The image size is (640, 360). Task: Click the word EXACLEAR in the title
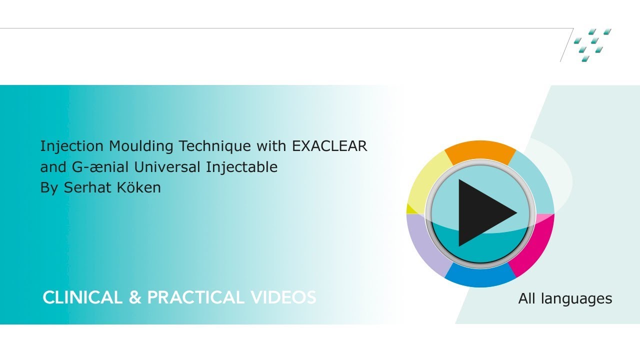tap(329, 145)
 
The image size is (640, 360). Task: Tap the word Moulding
tap(141, 145)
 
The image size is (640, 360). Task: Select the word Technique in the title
tap(215, 146)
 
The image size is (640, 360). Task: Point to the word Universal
tap(167, 167)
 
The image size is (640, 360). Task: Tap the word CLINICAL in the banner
tap(82, 297)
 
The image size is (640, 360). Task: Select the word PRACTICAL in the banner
tap(195, 297)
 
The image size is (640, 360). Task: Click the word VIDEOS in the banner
tap(283, 297)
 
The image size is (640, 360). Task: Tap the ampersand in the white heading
tap(135, 297)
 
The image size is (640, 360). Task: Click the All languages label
tap(565, 298)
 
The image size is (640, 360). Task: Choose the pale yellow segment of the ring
tap(426, 183)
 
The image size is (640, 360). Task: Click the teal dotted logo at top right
tap(592, 45)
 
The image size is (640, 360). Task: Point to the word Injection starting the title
tap(71, 146)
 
